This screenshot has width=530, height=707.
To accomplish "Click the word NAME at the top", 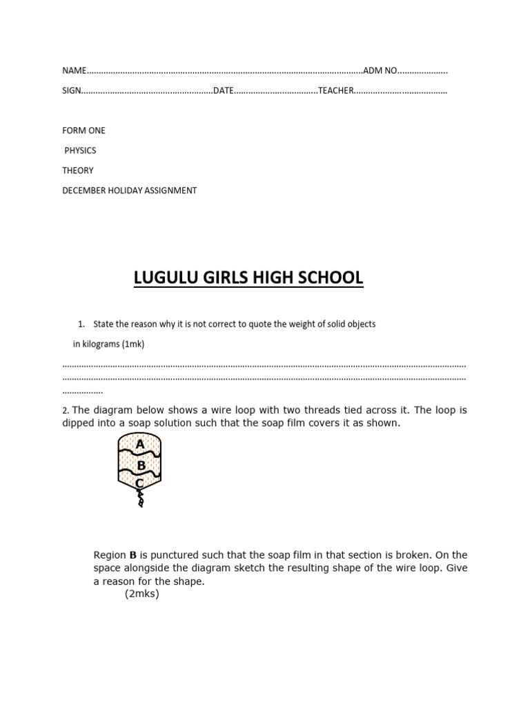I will pyautogui.click(x=75, y=70).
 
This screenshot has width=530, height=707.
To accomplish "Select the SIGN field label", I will pyautogui.click(x=72, y=90).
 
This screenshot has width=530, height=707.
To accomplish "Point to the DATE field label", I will pyautogui.click(x=224, y=90).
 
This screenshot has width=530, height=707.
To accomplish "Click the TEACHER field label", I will pyautogui.click(x=336, y=90).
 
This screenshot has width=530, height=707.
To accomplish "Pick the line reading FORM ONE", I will pyautogui.click(x=84, y=130).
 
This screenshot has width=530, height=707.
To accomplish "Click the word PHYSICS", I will pyautogui.click(x=80, y=151).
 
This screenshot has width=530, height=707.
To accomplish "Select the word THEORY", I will pyautogui.click(x=78, y=171).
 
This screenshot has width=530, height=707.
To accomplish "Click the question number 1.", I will pyautogui.click(x=81, y=324).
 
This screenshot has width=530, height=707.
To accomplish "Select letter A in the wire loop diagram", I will pyautogui.click(x=140, y=445).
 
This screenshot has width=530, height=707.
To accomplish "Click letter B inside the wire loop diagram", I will pyautogui.click(x=141, y=465).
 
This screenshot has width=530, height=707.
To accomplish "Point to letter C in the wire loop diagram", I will pyautogui.click(x=139, y=483).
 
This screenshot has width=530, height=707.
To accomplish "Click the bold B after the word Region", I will pyautogui.click(x=132, y=555).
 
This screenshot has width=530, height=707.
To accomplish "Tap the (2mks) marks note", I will pyautogui.click(x=141, y=594).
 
